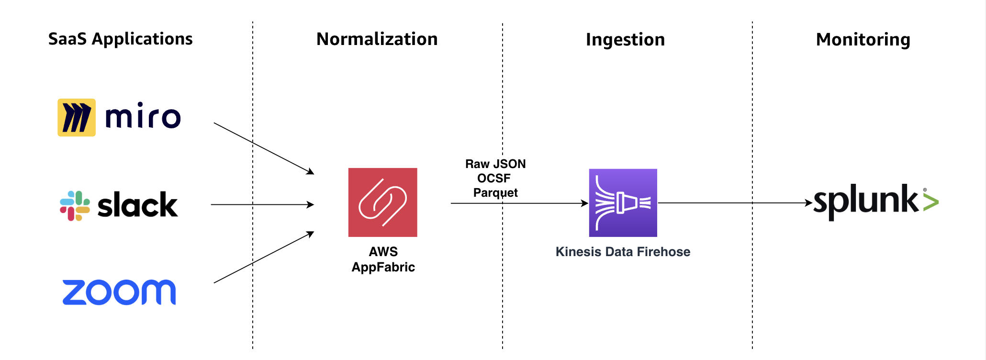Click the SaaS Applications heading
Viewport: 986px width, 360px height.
coord(120,39)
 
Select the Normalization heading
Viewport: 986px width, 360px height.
coord(377,39)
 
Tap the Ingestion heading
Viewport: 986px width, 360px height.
coord(625,40)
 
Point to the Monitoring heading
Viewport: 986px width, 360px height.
coord(863,40)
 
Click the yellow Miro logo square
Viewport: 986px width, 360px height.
coord(77,118)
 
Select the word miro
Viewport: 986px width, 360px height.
coord(143,116)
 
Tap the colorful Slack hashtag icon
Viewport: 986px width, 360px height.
coord(75,206)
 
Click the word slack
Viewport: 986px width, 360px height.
coord(137,205)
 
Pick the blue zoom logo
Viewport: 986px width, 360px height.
coord(119,292)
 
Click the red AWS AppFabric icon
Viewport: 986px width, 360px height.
coord(382,202)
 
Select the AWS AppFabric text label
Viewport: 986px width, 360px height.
coord(383,259)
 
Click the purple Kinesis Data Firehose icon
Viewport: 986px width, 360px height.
coord(623,202)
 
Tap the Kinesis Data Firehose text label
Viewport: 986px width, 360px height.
coord(623,252)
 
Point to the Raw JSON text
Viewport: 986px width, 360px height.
coord(495,164)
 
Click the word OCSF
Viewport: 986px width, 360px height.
coord(494,179)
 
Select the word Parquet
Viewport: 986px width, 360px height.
coord(495,193)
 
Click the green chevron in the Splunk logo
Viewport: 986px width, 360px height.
coord(930,203)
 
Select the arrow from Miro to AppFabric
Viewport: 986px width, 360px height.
coord(263,148)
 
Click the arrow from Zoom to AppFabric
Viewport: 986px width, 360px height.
coord(263,258)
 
